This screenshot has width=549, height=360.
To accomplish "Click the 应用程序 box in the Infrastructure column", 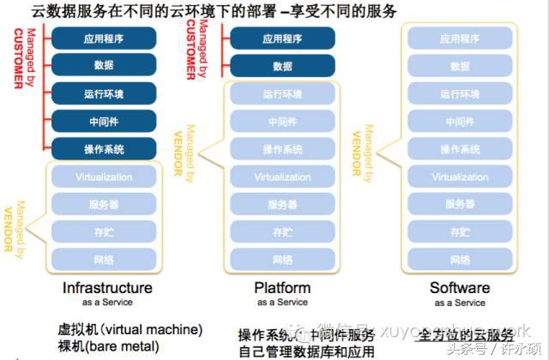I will click(x=104, y=38).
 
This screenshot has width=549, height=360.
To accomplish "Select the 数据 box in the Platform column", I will click(x=281, y=66).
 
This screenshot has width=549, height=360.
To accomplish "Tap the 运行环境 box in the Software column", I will click(x=459, y=94).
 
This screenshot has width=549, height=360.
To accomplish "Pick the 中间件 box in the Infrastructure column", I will click(x=104, y=121).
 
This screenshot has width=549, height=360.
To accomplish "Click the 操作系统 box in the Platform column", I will click(x=281, y=149).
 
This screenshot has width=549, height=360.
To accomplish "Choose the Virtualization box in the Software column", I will click(x=459, y=177).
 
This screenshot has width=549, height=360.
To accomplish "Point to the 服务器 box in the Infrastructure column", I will click(x=104, y=205).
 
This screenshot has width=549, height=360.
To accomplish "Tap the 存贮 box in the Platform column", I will click(x=281, y=232).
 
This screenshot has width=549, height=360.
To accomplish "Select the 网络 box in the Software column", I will click(x=459, y=260).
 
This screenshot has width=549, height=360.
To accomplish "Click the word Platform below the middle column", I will click(x=282, y=288).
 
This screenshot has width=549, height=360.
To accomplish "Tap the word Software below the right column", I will click(x=459, y=288).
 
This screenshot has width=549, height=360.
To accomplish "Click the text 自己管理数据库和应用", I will click(x=307, y=351).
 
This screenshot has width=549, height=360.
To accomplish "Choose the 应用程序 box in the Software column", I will click(x=459, y=38).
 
